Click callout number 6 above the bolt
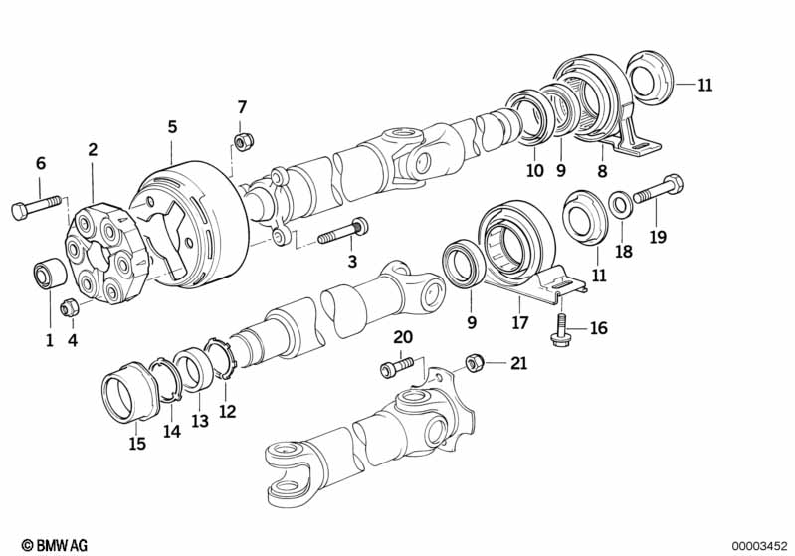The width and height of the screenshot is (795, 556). pyautogui.click(x=41, y=163)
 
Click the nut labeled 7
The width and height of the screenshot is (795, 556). pyautogui.click(x=241, y=137)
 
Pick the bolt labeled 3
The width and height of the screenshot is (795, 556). pyautogui.click(x=343, y=233)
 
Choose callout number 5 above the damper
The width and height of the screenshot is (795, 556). pyautogui.click(x=172, y=126)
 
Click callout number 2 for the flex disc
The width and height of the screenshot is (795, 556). pyautogui.click(x=93, y=150)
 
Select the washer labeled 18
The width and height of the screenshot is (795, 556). pyautogui.click(x=618, y=204)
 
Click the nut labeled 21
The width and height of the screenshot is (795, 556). pyautogui.click(x=475, y=362)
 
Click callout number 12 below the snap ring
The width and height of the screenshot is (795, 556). pyautogui.click(x=227, y=410)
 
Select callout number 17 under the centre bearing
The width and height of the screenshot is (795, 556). pyautogui.click(x=517, y=322)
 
